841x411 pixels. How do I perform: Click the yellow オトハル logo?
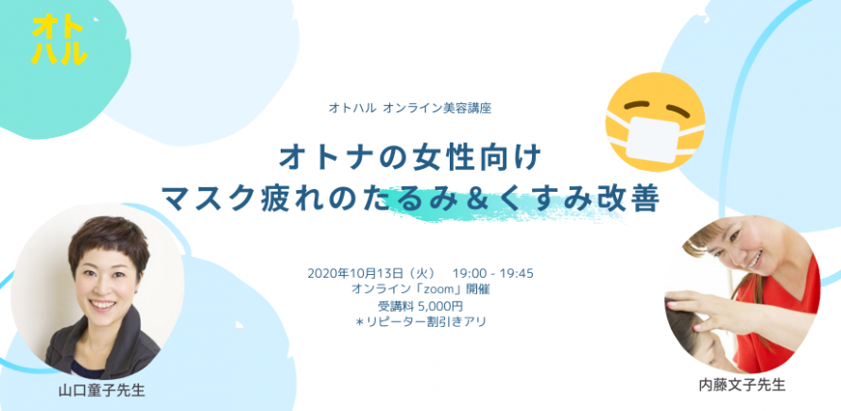click(60, 39)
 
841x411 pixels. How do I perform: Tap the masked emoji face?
click(655, 122)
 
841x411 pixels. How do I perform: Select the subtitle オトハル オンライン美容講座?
click(410, 108)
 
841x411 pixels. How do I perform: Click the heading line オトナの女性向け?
click(411, 157)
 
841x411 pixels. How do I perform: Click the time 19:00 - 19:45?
click(493, 273)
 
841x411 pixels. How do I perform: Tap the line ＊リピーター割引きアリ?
click(420, 322)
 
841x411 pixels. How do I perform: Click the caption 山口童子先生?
click(101, 390)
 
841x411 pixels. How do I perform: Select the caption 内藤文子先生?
click(743, 385)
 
